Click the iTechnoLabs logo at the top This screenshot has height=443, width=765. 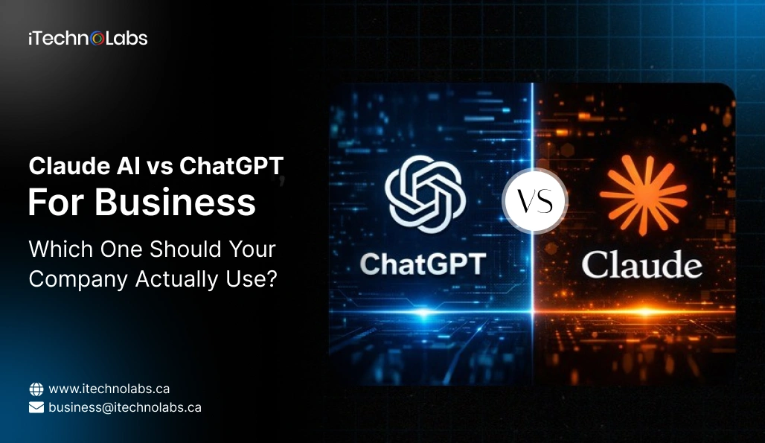pyautogui.click(x=88, y=39)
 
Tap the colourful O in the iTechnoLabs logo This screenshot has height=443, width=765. pyautogui.click(x=97, y=39)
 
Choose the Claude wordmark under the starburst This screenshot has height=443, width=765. pyautogui.click(x=641, y=264)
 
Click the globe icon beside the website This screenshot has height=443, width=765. pyautogui.click(x=36, y=389)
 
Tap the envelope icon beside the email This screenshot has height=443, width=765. pyautogui.click(x=36, y=407)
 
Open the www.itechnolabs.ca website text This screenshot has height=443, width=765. pyautogui.click(x=109, y=389)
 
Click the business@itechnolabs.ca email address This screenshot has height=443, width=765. pyautogui.click(x=125, y=407)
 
